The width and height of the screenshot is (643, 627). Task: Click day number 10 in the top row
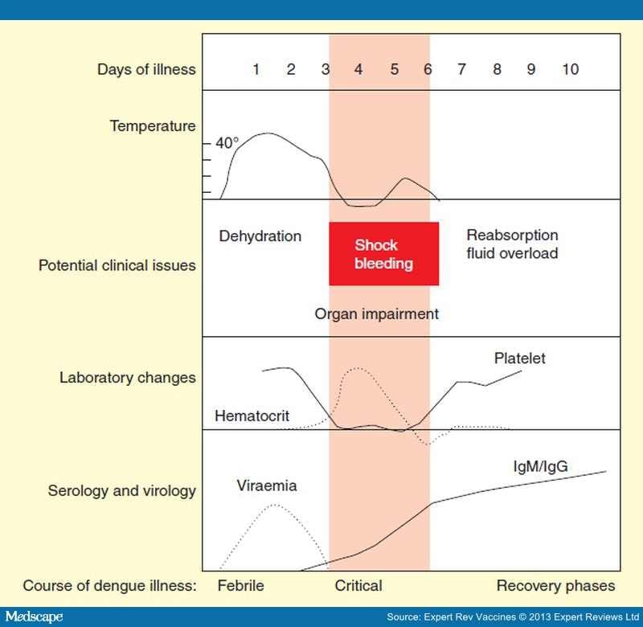570,70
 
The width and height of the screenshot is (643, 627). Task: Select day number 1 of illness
256,70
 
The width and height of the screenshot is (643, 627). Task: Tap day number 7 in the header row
461,70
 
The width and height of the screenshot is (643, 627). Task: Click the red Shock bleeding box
383,254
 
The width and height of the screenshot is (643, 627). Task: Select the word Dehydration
260,236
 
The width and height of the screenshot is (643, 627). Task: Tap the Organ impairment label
377,314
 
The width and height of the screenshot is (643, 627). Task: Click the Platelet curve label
519,359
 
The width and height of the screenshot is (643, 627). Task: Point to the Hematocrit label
252,416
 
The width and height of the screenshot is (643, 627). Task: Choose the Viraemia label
267,486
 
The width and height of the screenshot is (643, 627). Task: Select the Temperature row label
153,126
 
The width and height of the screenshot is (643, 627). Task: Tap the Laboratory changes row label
127,377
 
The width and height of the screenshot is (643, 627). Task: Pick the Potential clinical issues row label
117,264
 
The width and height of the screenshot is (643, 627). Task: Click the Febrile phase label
240,585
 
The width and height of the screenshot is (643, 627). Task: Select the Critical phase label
358,585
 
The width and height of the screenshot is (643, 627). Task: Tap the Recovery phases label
555,585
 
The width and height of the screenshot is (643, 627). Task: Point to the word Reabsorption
512,236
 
